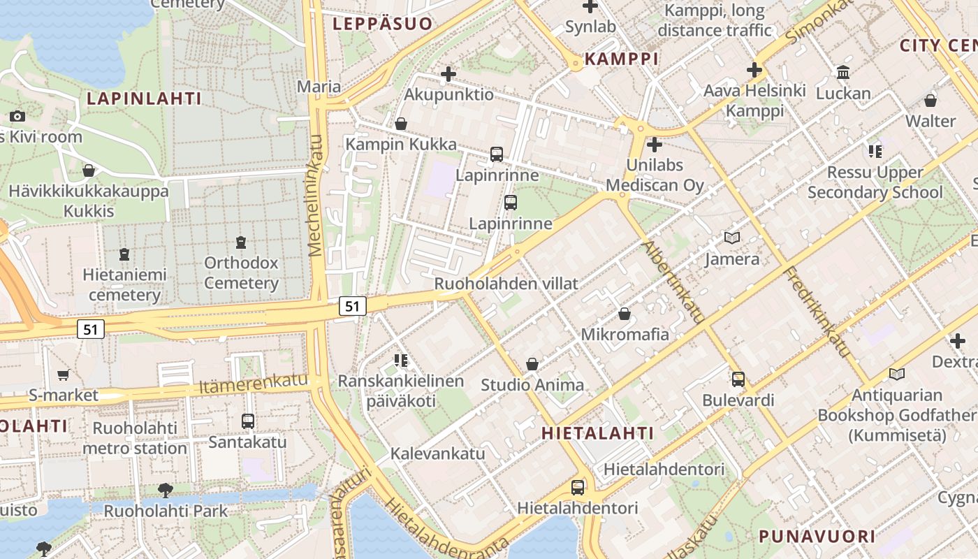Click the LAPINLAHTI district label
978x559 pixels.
144,99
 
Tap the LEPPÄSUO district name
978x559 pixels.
382,24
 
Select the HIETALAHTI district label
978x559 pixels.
598,433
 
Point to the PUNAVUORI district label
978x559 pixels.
817,537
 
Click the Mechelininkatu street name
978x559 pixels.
315,196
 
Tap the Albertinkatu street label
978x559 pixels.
673,282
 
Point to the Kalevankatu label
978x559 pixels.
437,453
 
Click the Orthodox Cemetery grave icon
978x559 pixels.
241,242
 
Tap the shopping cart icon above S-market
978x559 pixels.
64,375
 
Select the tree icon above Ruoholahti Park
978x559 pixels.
166,490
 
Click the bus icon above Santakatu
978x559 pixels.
248,421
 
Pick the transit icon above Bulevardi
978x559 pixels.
738,379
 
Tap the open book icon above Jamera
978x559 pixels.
732,238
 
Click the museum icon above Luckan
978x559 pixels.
843,73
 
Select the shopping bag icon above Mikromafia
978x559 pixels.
625,314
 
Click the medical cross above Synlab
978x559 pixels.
590,6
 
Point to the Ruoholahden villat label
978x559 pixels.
506,284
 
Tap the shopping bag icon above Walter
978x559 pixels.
930,101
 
